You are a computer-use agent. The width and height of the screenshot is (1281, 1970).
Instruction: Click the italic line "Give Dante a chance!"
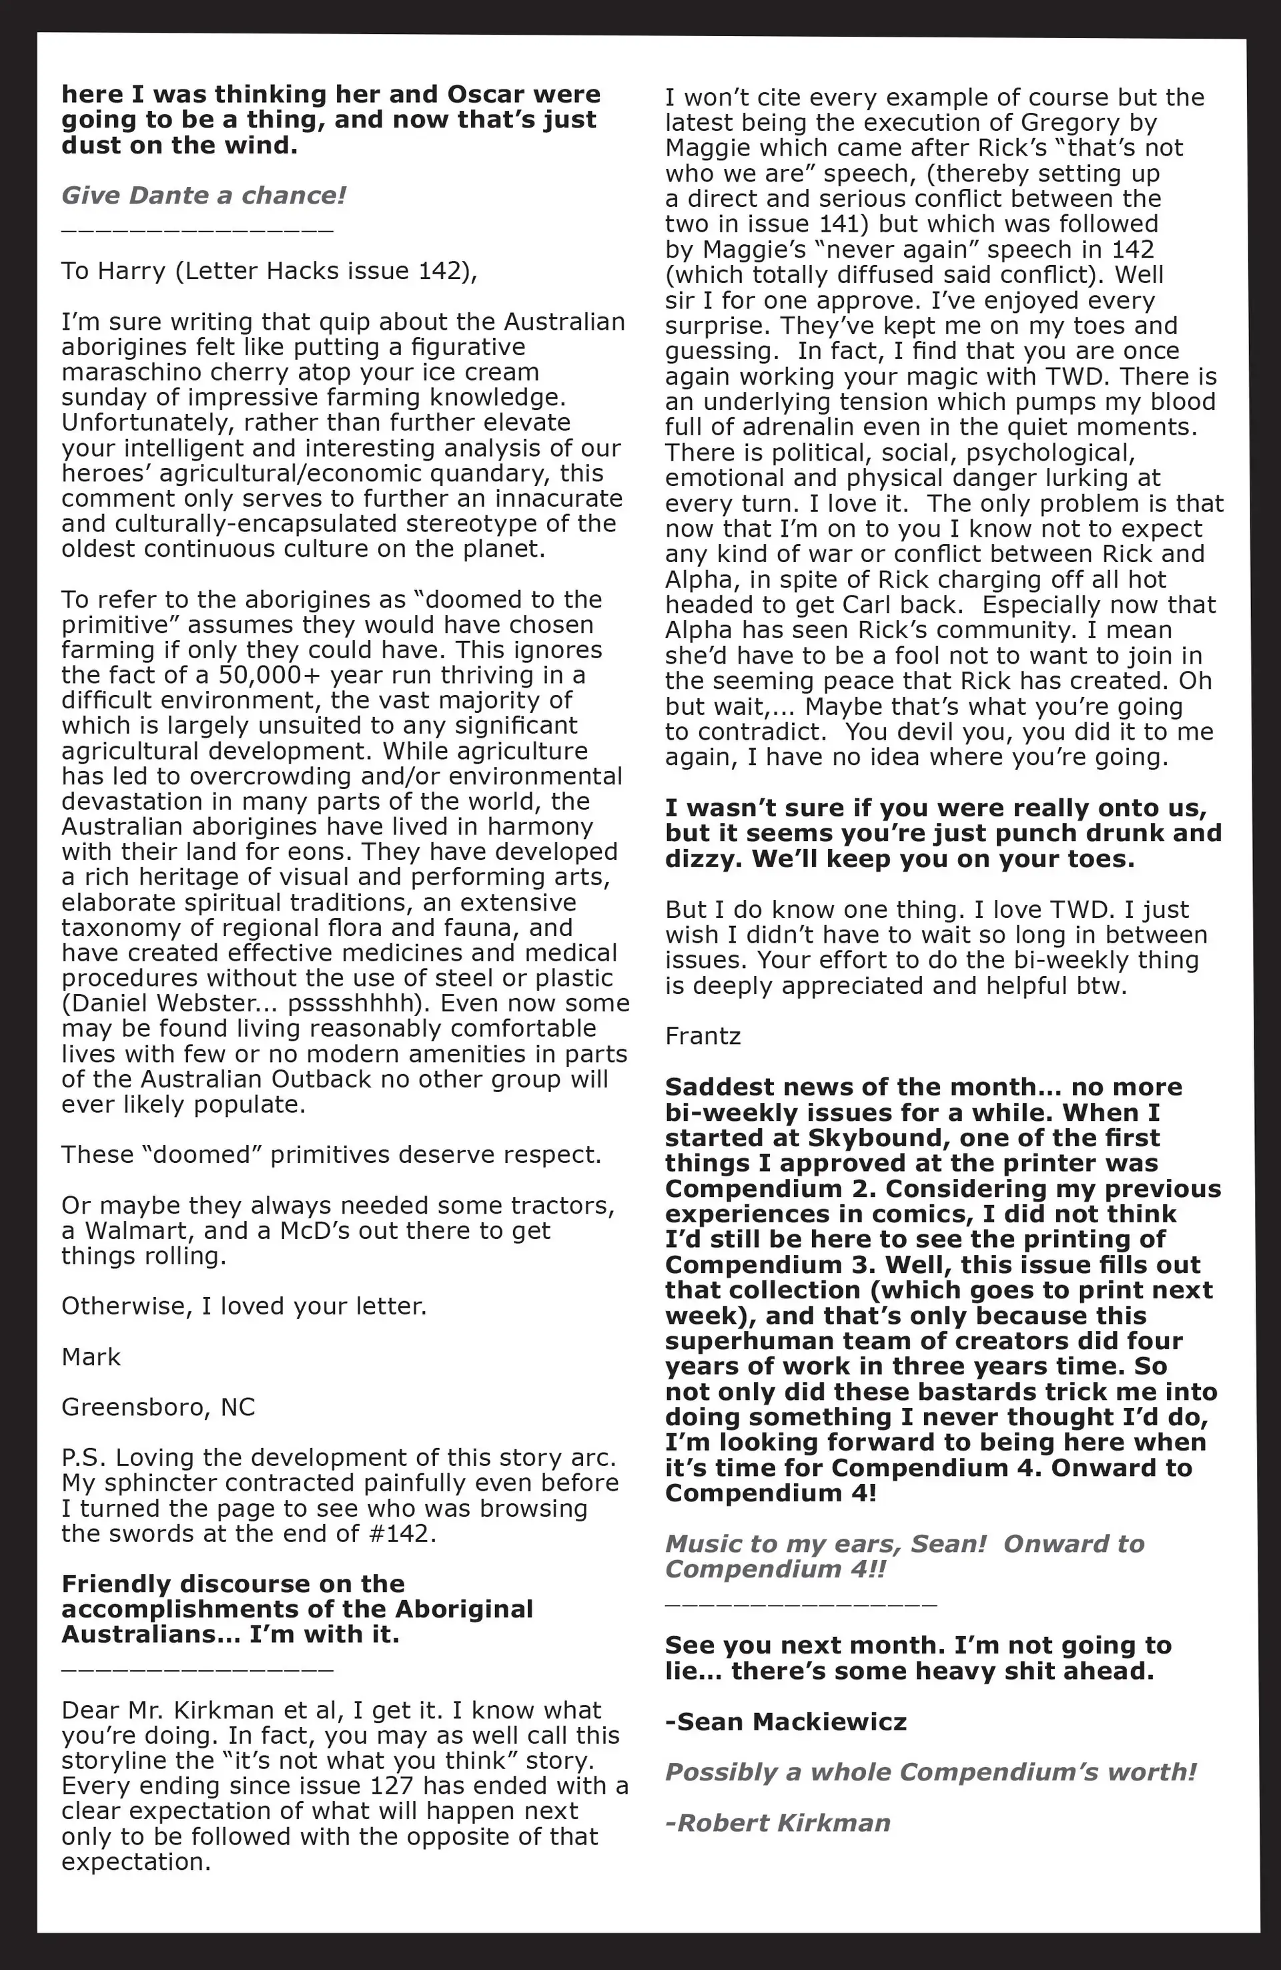tap(203, 196)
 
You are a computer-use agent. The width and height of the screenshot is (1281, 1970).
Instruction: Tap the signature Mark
tap(91, 1356)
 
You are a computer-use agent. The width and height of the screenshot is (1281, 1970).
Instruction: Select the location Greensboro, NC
tap(158, 1407)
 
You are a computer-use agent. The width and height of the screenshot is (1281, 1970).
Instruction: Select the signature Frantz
tap(703, 1035)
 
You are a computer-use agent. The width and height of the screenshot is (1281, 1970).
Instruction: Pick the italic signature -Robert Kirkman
tap(778, 1822)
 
